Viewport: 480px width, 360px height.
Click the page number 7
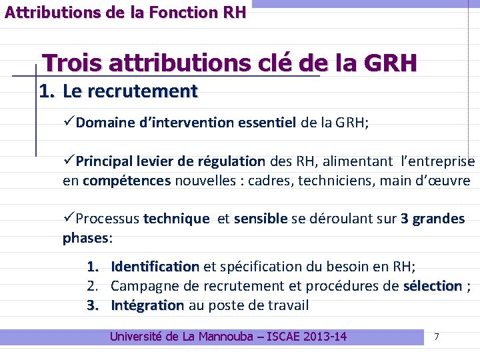tap(437, 337)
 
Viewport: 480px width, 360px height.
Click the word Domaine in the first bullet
tap(103, 123)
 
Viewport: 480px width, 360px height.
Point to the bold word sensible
tap(261, 219)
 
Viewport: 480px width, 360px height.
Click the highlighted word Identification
tap(155, 267)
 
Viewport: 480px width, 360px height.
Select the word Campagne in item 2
tap(142, 287)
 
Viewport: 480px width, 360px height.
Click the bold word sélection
tap(432, 287)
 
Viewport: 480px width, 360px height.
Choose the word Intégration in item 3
tap(147, 306)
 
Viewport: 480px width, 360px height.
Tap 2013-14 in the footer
tap(324, 337)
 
